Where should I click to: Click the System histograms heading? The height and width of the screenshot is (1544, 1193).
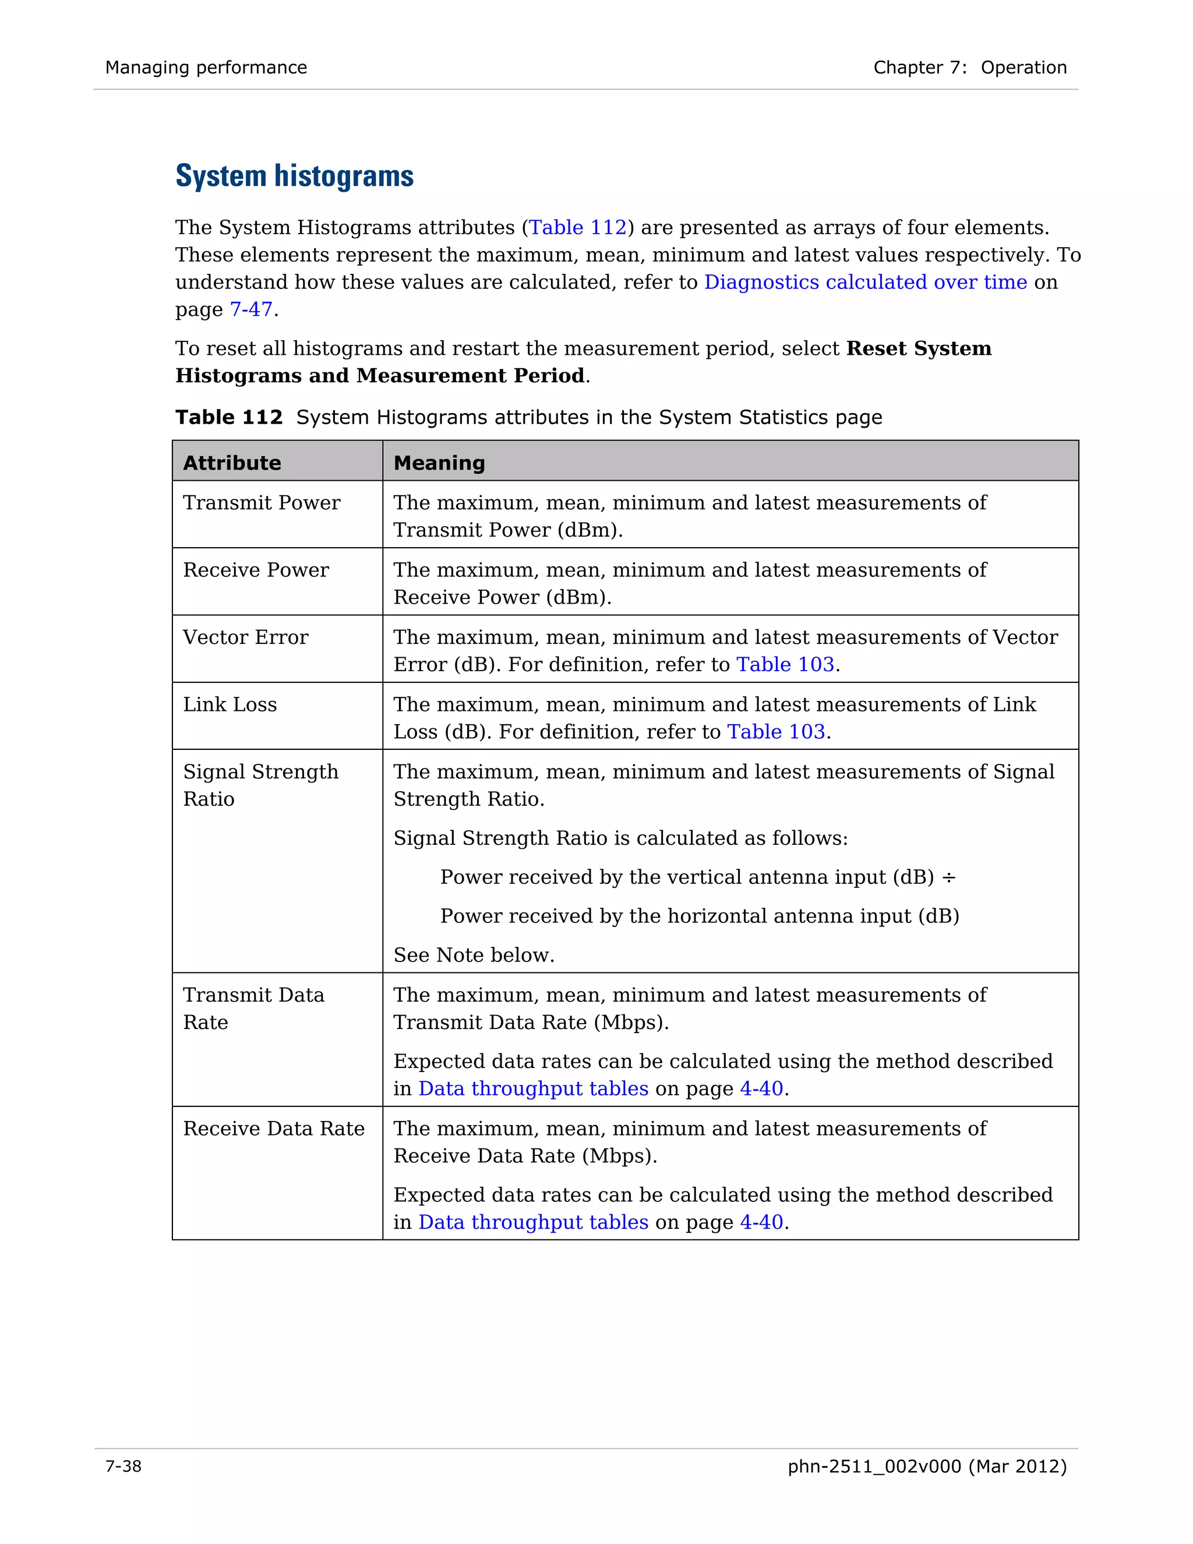[x=294, y=176]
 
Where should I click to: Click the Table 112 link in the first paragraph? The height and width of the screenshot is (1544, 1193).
[x=577, y=228]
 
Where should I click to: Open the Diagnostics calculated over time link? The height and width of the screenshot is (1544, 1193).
[x=865, y=282]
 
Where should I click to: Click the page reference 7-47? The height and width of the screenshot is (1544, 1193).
[x=251, y=309]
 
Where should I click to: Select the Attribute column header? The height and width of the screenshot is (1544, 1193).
[x=232, y=463]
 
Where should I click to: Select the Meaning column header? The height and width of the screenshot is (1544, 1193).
[x=439, y=463]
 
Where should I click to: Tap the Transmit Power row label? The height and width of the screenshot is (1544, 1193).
[x=262, y=503]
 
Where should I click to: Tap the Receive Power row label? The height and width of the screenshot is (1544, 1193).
[x=256, y=570]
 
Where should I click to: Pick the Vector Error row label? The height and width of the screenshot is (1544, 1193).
[x=245, y=637]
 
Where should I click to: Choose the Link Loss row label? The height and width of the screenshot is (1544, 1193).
[x=230, y=704]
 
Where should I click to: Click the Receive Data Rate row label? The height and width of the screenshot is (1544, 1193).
[x=274, y=1129]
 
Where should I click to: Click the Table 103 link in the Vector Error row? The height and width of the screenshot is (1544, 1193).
[x=785, y=665]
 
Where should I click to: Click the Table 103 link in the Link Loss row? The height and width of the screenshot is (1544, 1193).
[x=776, y=732]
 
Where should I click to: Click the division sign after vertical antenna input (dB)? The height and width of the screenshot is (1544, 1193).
[x=948, y=877]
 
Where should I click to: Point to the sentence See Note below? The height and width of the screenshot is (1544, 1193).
[x=474, y=955]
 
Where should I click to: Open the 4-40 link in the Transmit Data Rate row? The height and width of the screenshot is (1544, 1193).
[x=761, y=1089]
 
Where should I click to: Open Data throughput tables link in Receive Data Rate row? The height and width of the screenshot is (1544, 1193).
[x=533, y=1222]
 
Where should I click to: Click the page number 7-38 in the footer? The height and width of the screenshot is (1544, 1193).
[x=123, y=1467]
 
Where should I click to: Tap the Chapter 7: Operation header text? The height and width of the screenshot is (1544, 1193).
[x=970, y=68]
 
